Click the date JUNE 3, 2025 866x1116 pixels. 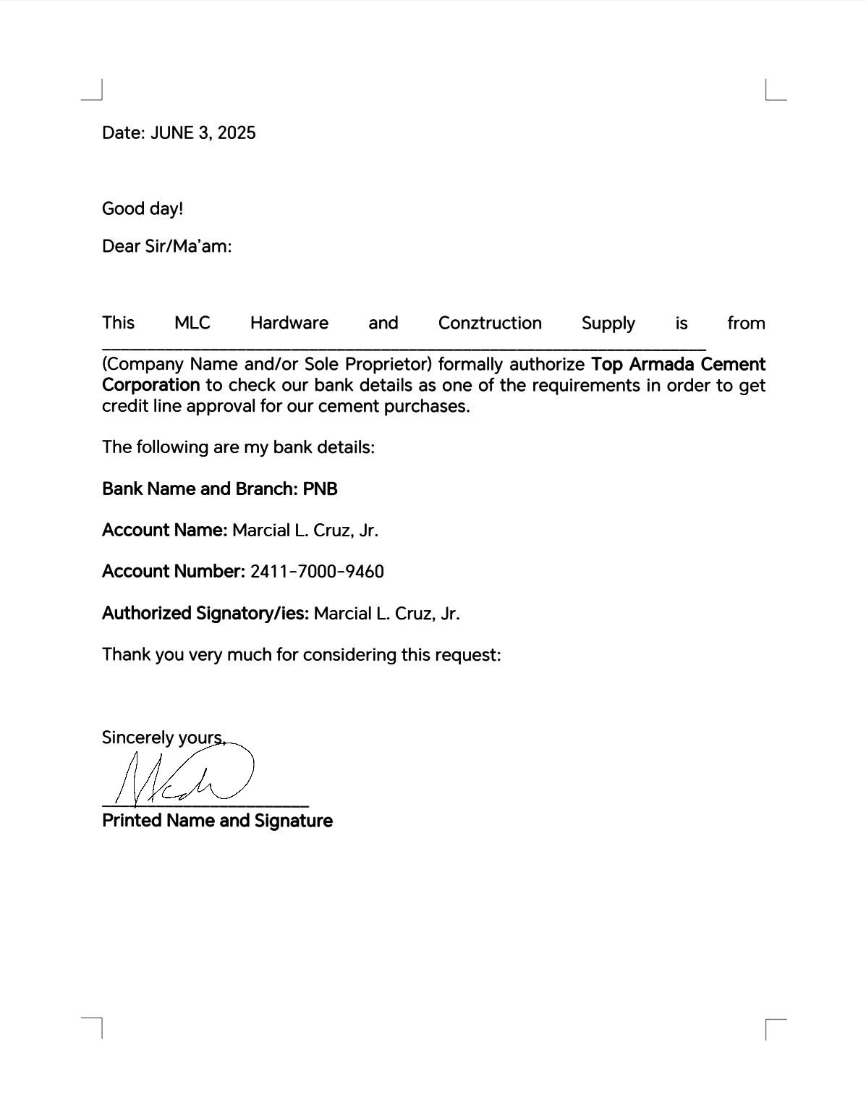(203, 133)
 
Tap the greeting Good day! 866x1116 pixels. (143, 209)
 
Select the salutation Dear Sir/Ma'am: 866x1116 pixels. (166, 247)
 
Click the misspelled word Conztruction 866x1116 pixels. (490, 324)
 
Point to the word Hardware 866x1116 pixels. (289, 324)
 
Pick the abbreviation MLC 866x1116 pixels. (192, 324)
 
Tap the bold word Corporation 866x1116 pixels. (150, 385)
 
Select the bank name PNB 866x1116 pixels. (320, 489)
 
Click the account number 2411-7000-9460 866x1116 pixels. (317, 572)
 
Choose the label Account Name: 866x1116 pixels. (165, 530)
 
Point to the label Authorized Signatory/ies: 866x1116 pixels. (205, 614)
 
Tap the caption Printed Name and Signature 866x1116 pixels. (217, 821)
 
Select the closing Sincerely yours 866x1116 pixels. (164, 738)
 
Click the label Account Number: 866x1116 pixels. (174, 572)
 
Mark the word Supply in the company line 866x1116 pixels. (608, 324)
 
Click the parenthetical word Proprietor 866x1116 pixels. (387, 365)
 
